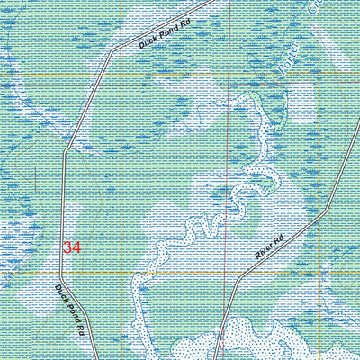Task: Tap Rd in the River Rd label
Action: point(278,238)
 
